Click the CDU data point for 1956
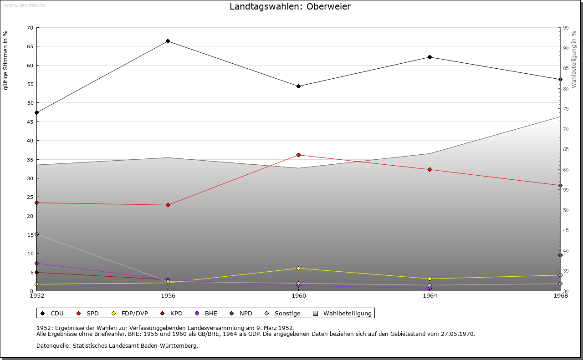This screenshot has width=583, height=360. tap(168, 41)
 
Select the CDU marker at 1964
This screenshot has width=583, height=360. tap(430, 57)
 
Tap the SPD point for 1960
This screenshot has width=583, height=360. tap(298, 155)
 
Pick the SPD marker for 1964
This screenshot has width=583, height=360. tap(430, 170)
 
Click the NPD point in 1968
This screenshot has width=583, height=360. tap(560, 255)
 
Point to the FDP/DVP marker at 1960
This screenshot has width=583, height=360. tap(298, 268)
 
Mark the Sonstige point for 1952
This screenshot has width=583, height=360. tap(37, 234)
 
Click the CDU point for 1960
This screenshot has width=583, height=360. tap(298, 86)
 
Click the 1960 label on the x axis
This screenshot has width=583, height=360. tap(299, 296)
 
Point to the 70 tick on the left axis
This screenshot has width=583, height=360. tap(30, 28)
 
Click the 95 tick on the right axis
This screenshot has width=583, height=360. tap(566, 28)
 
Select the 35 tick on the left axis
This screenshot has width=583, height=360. tap(30, 159)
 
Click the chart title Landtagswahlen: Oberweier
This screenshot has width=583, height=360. tap(290, 7)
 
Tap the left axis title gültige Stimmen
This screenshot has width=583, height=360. tap(5, 61)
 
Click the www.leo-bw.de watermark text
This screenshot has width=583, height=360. tap(24, 5)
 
